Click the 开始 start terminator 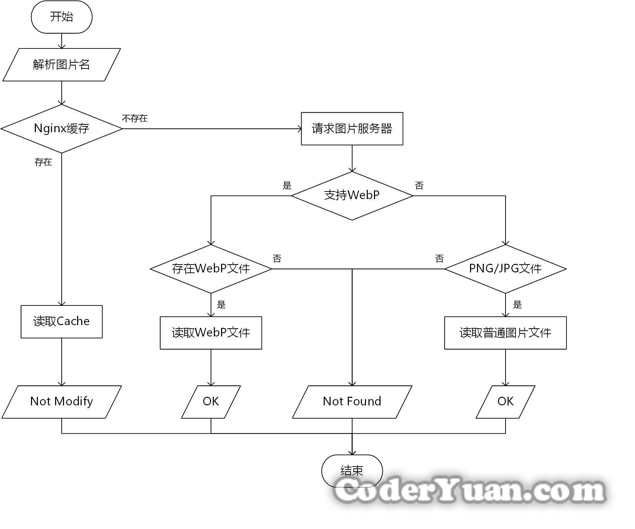pyautogui.click(x=62, y=17)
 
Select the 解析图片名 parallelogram pyautogui.click(x=62, y=65)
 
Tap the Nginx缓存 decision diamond pyautogui.click(x=62, y=128)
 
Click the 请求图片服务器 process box pyautogui.click(x=352, y=129)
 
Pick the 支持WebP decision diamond pyautogui.click(x=352, y=196)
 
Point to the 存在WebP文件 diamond pyautogui.click(x=211, y=269)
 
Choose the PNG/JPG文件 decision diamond pyautogui.click(x=505, y=269)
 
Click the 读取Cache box pyautogui.click(x=62, y=322)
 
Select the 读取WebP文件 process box pyautogui.click(x=211, y=333)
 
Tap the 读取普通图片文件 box pyautogui.click(x=505, y=333)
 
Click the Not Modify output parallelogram pyautogui.click(x=62, y=402)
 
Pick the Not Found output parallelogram pyautogui.click(x=352, y=402)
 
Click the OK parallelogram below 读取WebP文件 pyautogui.click(x=211, y=402)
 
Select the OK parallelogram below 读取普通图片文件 pyautogui.click(x=505, y=402)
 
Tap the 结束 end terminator pyautogui.click(x=352, y=470)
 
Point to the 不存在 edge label pyautogui.click(x=135, y=119)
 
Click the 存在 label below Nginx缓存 pyautogui.click(x=43, y=162)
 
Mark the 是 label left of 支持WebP pyautogui.click(x=287, y=186)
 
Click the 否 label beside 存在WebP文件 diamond pyautogui.click(x=277, y=259)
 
